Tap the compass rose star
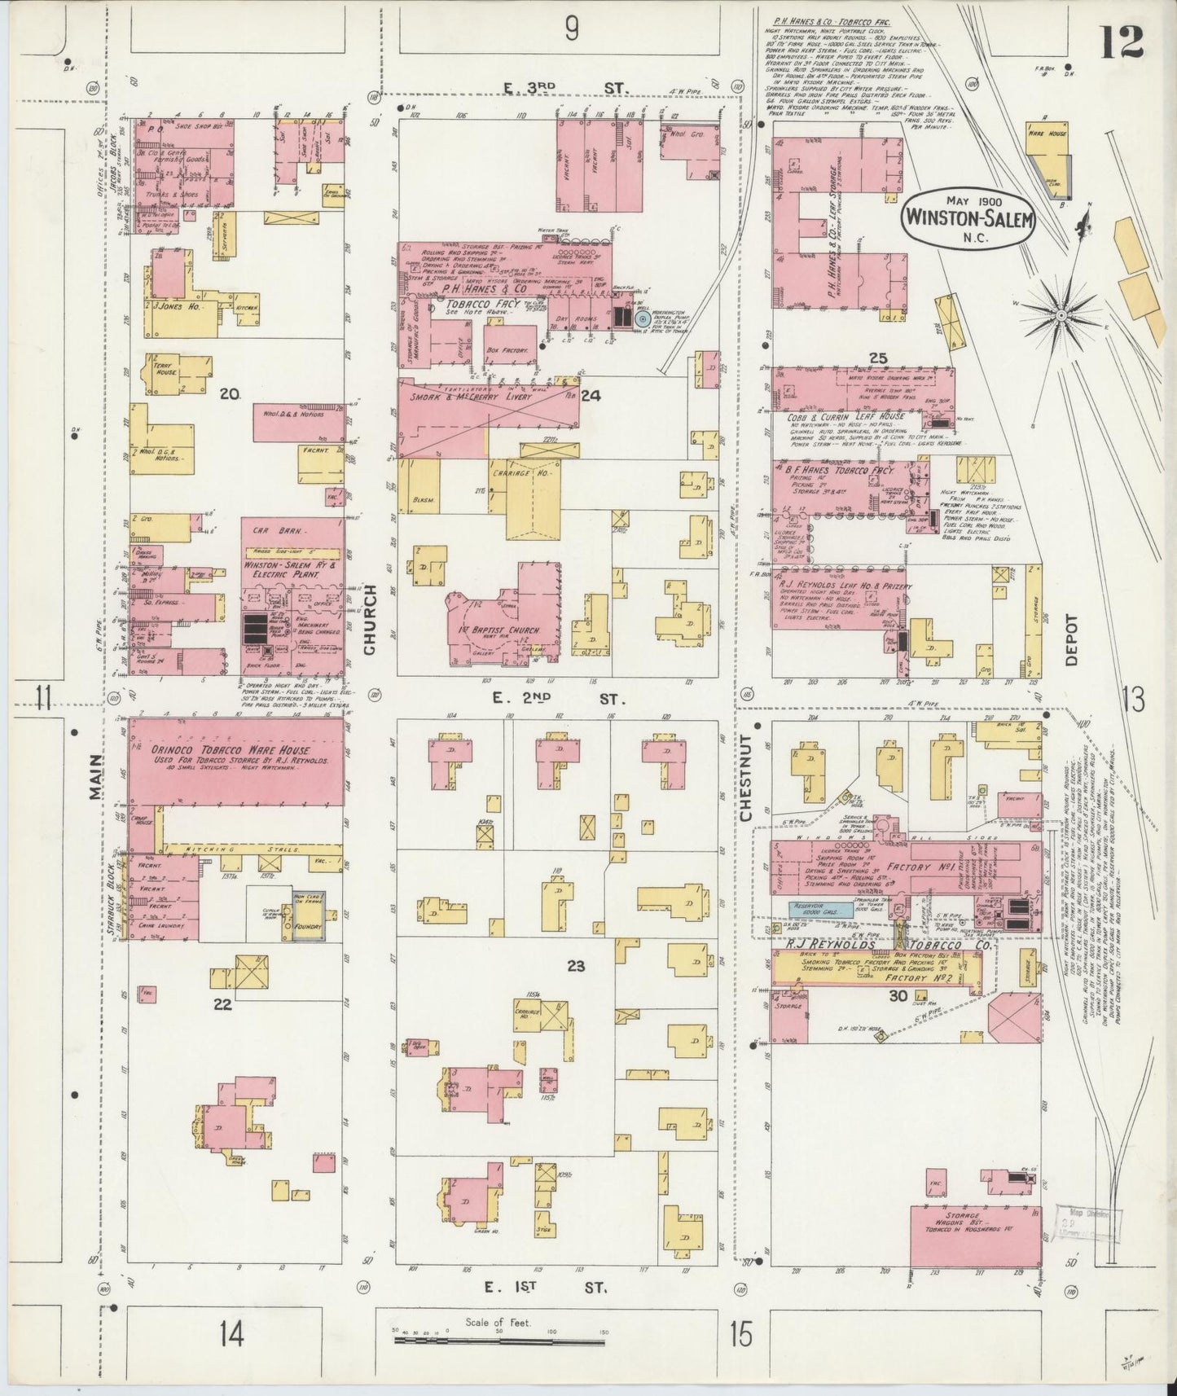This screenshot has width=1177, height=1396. click(x=1061, y=314)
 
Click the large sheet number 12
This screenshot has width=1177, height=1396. click(x=1121, y=42)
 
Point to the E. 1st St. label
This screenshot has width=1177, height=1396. click(x=547, y=1288)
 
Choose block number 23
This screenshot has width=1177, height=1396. click(x=576, y=967)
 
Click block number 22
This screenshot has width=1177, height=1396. click(x=222, y=1004)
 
